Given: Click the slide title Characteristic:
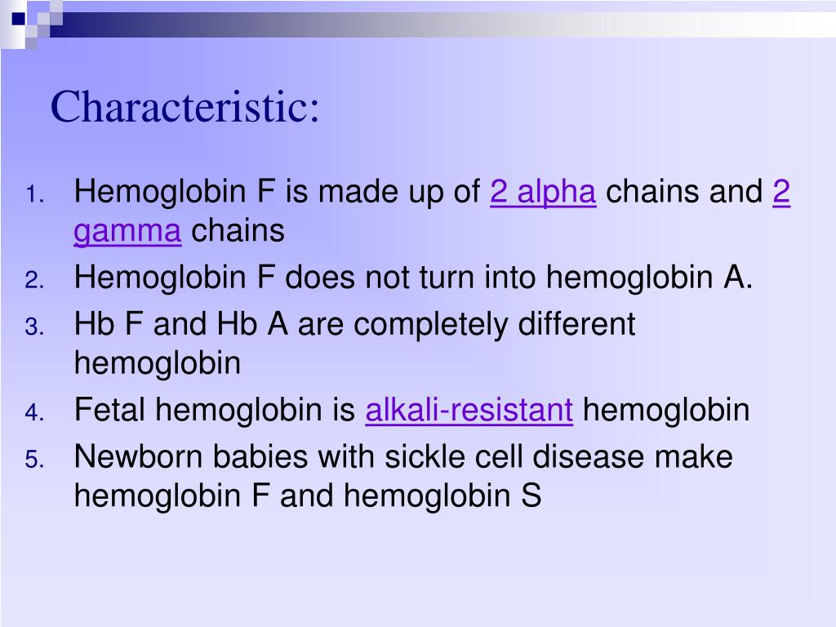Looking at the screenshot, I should click(185, 107).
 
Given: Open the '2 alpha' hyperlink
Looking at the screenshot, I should click(543, 193).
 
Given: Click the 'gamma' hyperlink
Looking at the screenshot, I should click(127, 232).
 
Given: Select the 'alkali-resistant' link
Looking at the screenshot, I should click(469, 410).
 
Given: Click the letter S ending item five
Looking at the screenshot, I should click(531, 496).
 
